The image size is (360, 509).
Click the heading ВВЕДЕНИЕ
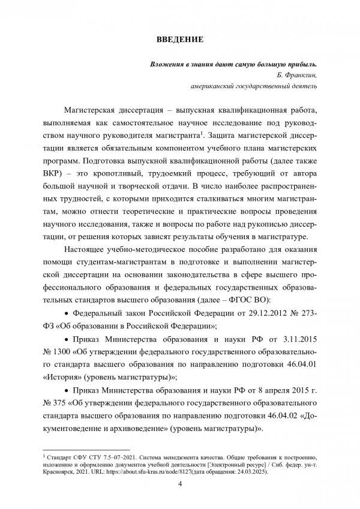[x=180, y=40]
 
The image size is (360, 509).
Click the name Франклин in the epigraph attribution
[x=298, y=74]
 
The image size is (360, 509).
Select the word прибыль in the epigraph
[x=296, y=64]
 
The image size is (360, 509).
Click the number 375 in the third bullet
[x=62, y=405]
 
